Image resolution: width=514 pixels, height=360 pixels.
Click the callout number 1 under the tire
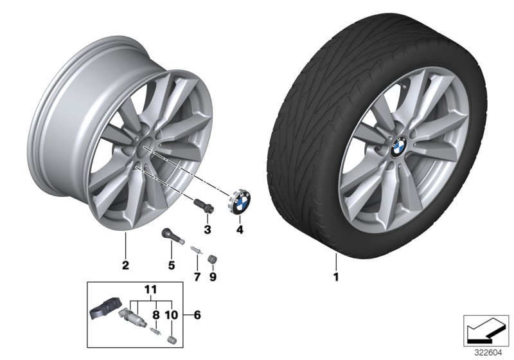coord(336,278)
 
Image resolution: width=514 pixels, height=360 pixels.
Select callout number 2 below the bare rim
coord(126,265)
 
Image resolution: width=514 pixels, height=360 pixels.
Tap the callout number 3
coord(208,229)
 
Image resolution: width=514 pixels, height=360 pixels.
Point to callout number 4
coord(240,229)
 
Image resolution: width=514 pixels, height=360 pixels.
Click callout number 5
coord(171,264)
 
